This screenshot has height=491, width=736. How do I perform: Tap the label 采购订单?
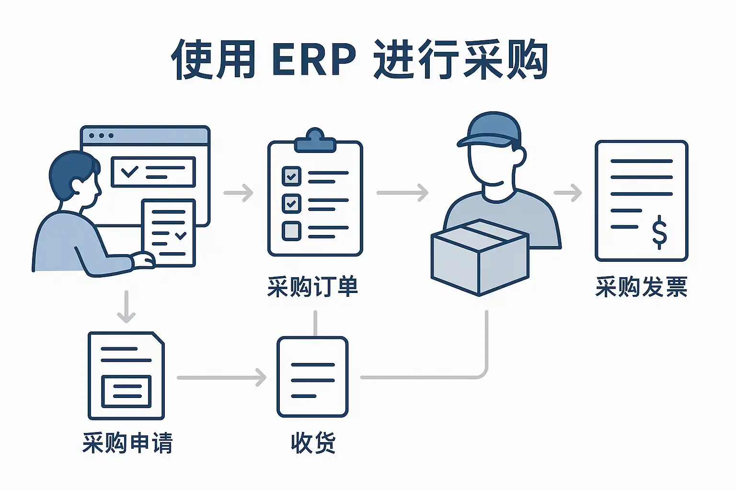(x=312, y=287)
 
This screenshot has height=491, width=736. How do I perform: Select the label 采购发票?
(x=641, y=287)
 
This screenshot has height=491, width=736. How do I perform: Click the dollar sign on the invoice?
(x=659, y=232)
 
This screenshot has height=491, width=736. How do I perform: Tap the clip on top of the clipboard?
(x=315, y=140)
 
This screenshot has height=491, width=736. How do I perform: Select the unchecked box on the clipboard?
(x=291, y=231)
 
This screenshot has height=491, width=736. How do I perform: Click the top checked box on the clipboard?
(x=291, y=176)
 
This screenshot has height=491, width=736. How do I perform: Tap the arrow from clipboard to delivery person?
(x=402, y=193)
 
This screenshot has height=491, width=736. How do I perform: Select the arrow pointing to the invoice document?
(x=568, y=193)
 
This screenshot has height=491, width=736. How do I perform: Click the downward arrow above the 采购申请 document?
(x=126, y=307)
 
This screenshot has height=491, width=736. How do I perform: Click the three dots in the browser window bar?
(x=101, y=136)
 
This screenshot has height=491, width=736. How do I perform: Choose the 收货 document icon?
(x=312, y=377)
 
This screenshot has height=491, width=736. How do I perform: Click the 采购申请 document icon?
(x=126, y=376)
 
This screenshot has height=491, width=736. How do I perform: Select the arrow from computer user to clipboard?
(x=239, y=193)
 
